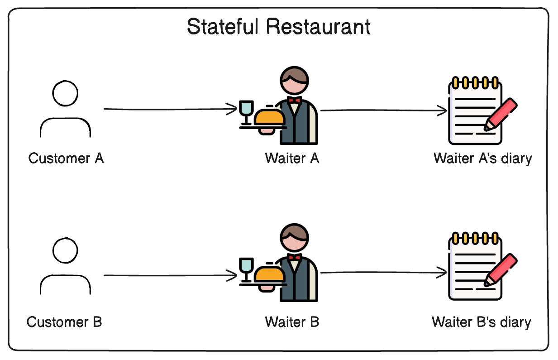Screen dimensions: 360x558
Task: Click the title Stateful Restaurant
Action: tap(278, 27)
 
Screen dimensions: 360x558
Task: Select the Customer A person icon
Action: tap(65, 109)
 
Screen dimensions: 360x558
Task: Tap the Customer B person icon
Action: tap(65, 267)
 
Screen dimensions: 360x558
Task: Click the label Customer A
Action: tap(66, 158)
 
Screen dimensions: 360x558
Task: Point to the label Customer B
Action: tap(64, 322)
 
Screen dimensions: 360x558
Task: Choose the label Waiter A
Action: tap(292, 158)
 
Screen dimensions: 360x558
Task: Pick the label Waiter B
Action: tap(292, 322)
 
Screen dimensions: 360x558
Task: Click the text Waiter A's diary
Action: tap(483, 158)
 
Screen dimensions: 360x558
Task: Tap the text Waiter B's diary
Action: tap(482, 322)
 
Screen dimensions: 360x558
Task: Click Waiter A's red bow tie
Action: tap(295, 100)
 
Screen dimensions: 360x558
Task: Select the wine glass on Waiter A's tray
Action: tap(247, 110)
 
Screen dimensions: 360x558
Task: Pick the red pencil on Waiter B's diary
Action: tap(501, 270)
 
